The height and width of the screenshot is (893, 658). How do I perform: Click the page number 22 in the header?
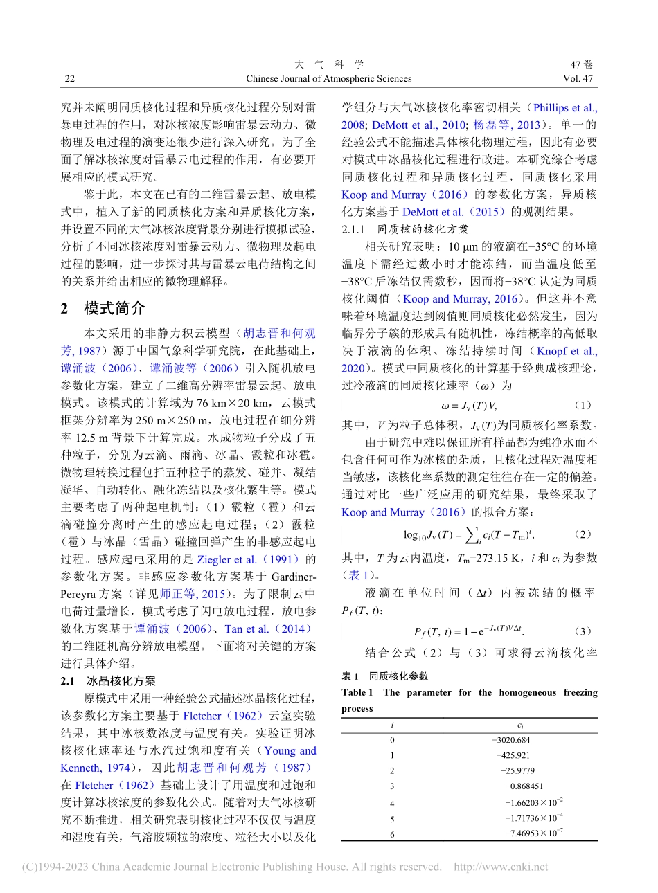click(69, 78)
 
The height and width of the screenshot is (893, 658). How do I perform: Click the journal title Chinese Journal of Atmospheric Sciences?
click(329, 78)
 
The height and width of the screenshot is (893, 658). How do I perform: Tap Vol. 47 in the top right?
click(578, 78)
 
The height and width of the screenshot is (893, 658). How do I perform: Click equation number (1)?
click(583, 404)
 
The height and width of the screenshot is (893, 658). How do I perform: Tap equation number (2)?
click(583, 534)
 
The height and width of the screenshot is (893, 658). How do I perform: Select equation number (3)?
click(583, 631)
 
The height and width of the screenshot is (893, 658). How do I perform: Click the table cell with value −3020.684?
click(510, 740)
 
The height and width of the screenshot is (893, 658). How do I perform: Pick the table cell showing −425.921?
click(513, 755)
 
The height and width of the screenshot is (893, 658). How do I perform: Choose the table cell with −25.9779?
click(517, 770)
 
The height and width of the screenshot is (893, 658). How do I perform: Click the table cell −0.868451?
click(524, 786)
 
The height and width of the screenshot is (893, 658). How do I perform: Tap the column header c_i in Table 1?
click(520, 725)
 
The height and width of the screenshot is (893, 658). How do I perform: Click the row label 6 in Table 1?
click(392, 834)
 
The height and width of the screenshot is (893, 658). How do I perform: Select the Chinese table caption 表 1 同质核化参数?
click(385, 676)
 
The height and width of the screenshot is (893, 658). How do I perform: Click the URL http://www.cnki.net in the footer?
click(501, 867)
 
